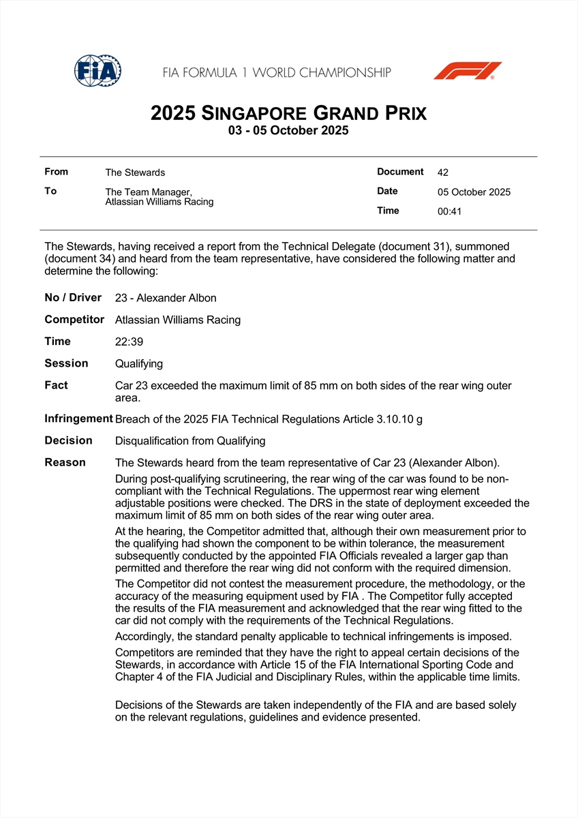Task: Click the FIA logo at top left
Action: pos(97,71)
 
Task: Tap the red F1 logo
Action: pos(468,71)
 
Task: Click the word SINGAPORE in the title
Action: pos(256,113)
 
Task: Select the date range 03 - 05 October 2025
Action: pos(288,131)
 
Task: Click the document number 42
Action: pos(443,172)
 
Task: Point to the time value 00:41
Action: pos(449,211)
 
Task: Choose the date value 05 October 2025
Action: pos(474,192)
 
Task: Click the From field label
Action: pos(56,172)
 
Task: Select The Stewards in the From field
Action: pos(135,172)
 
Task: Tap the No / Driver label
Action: pos(73,297)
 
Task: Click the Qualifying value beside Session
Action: pos(139,364)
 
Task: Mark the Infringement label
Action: pos(78,419)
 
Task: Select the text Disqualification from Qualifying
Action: pos(190,441)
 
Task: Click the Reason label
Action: pos(65,462)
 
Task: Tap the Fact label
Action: pos(57,385)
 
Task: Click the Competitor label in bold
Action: pos(74,319)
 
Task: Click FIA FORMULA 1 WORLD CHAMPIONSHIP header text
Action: pos(277,72)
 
